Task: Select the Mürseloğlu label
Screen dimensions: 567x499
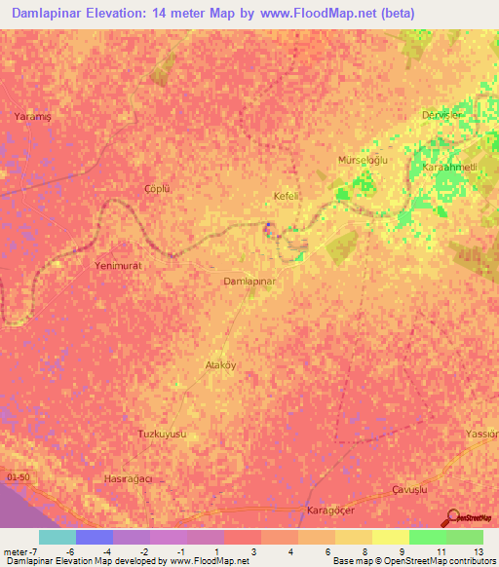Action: [x=363, y=159]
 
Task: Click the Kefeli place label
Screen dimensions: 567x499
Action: [x=285, y=196]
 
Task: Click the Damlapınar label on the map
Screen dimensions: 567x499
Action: [x=251, y=281]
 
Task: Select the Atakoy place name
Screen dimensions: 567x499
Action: [x=220, y=365]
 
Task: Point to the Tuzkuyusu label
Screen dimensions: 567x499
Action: [x=162, y=433]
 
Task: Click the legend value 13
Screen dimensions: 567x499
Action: [x=477, y=550]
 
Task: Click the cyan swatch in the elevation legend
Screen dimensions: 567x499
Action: [x=58, y=537]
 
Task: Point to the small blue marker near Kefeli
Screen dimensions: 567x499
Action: [x=269, y=226]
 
